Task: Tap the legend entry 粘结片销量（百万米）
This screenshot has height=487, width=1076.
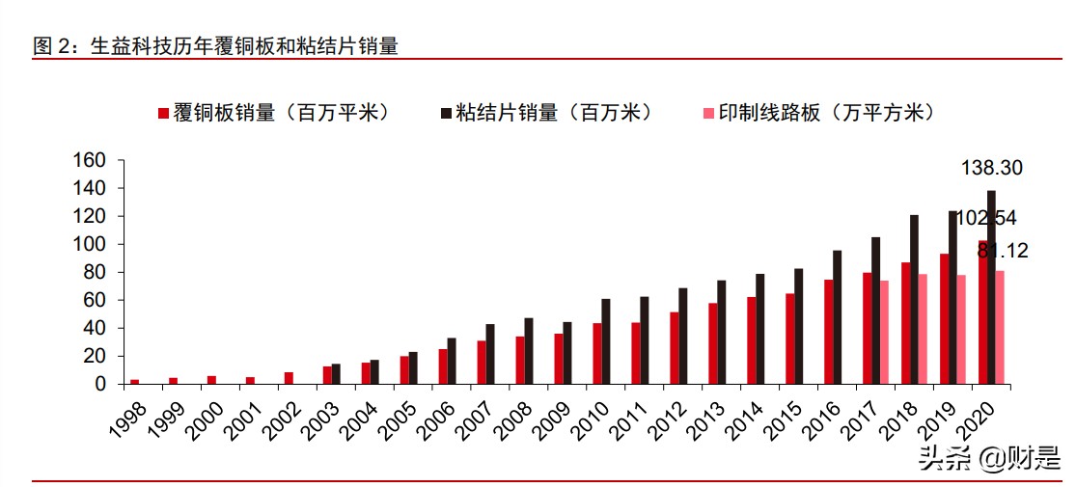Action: [546, 113]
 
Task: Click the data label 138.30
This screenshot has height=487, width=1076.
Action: [991, 169]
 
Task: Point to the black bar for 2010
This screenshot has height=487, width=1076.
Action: [606, 341]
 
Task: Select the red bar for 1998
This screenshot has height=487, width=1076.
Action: [135, 382]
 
